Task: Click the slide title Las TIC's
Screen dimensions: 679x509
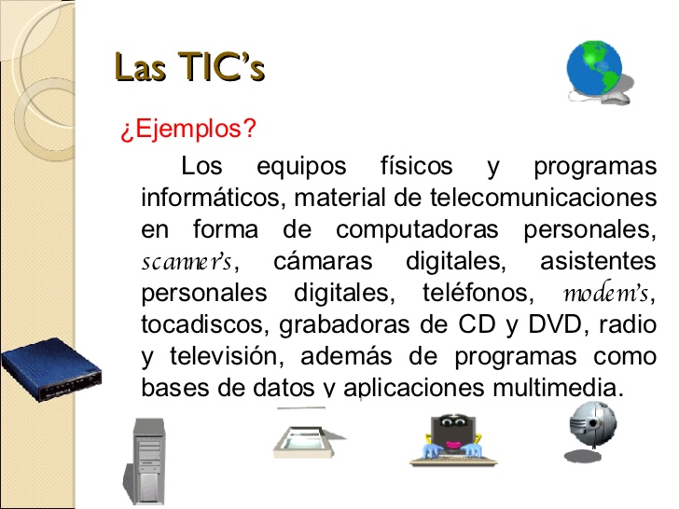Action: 189,66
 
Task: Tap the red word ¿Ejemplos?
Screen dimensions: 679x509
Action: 188,129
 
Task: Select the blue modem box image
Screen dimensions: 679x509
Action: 51,369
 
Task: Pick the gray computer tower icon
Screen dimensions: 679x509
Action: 145,461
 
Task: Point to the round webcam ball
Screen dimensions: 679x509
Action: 592,431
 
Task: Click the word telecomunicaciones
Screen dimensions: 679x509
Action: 544,198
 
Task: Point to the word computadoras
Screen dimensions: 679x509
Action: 417,229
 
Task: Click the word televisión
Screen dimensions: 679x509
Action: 227,356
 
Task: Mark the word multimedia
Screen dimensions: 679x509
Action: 558,387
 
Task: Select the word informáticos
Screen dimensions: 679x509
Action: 213,198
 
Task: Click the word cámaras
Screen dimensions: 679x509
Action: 323,261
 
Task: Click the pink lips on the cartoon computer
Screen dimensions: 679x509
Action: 453,445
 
